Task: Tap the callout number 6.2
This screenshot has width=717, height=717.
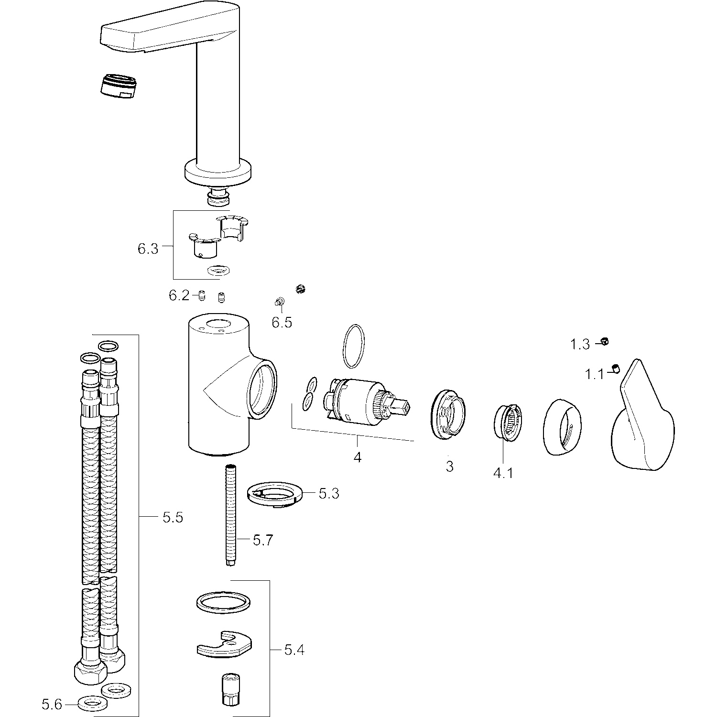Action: (x=179, y=295)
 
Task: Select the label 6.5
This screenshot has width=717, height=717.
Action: (x=282, y=322)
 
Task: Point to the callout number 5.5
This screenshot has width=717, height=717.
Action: (x=173, y=517)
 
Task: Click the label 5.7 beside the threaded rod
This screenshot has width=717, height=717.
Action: (x=262, y=540)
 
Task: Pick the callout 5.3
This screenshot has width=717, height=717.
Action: (x=329, y=493)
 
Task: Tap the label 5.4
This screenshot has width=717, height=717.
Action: (x=294, y=650)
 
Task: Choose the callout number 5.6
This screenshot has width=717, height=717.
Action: (x=52, y=704)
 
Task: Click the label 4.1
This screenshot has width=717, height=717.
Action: (x=503, y=473)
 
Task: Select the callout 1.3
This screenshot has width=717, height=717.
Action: (x=580, y=344)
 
